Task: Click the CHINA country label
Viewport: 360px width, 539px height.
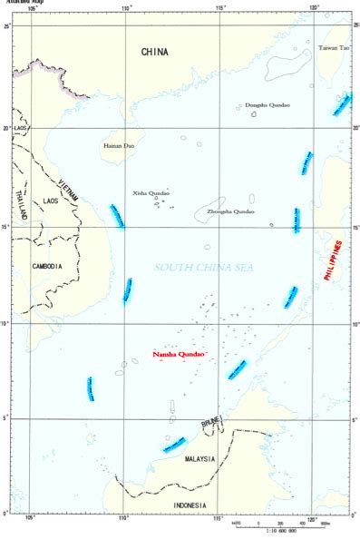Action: (x=154, y=53)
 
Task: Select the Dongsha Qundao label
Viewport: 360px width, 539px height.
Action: (x=268, y=105)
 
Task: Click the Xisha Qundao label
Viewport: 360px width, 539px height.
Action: (x=151, y=192)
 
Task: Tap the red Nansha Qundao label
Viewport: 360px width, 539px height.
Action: (x=180, y=352)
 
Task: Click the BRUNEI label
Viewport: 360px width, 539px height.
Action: (x=211, y=424)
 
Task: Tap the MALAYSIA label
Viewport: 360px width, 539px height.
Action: (x=199, y=459)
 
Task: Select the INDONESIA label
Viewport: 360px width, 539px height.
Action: (x=190, y=505)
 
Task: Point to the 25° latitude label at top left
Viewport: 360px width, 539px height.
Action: (x=5, y=26)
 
